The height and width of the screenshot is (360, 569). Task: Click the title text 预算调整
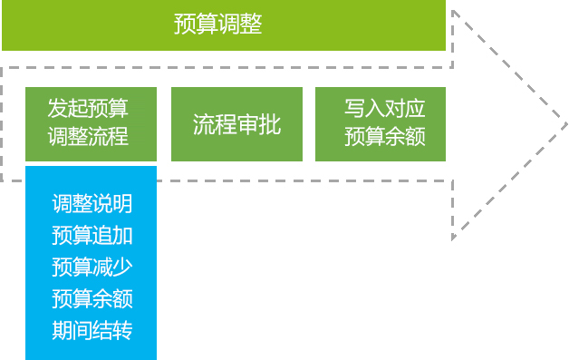click(x=217, y=24)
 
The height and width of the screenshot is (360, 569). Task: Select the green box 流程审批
click(x=236, y=124)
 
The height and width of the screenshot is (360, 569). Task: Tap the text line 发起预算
click(x=88, y=108)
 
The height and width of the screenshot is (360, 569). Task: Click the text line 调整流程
click(x=88, y=137)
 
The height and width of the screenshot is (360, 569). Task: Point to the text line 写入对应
click(x=385, y=108)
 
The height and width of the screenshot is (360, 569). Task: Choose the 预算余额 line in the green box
click(x=385, y=137)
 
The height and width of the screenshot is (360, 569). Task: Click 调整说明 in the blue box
click(x=92, y=203)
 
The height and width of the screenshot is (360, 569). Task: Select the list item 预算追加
click(x=92, y=235)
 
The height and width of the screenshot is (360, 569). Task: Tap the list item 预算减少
click(x=92, y=267)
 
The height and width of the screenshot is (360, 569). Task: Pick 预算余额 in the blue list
click(x=92, y=298)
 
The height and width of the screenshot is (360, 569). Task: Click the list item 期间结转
click(x=92, y=330)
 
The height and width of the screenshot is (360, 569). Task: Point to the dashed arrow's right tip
click(x=567, y=124)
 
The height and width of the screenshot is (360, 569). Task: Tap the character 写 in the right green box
click(x=354, y=108)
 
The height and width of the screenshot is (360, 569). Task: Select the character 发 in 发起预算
click(x=58, y=108)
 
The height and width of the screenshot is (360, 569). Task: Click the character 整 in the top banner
click(x=251, y=24)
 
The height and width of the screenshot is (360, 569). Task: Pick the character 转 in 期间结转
click(x=122, y=330)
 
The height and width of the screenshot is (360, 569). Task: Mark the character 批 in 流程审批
click(x=270, y=124)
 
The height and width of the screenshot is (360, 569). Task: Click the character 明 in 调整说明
click(x=122, y=203)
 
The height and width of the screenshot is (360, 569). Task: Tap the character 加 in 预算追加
click(x=122, y=235)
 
